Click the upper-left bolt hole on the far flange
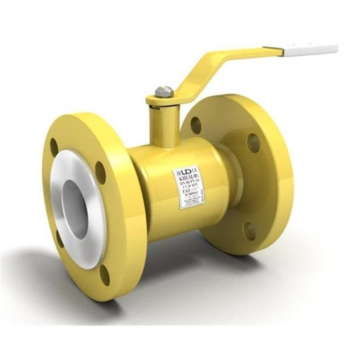tap(196, 125)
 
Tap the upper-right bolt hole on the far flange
tap(253, 143)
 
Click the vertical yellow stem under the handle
tap(164, 124)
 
